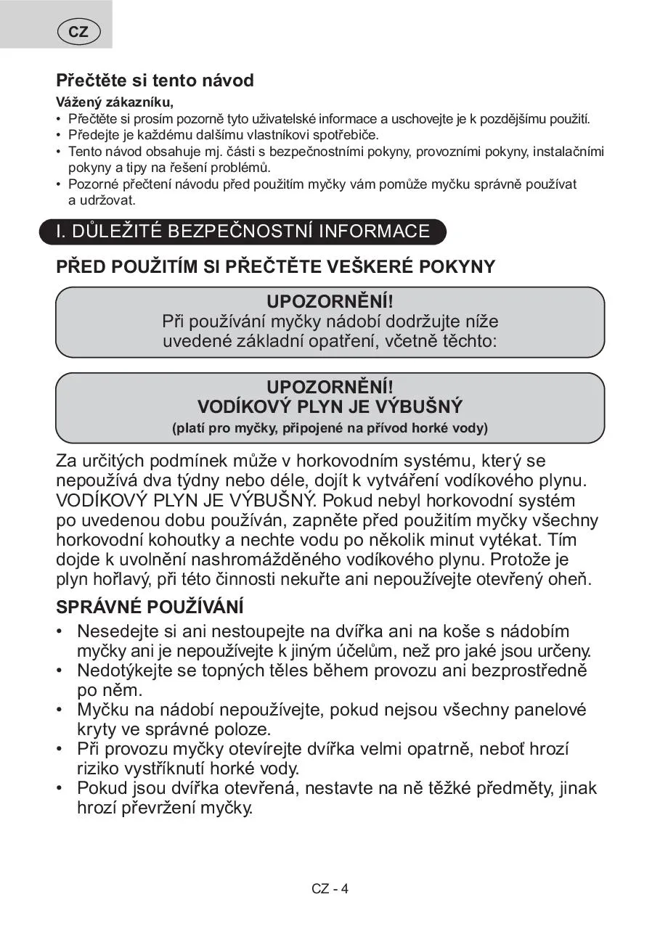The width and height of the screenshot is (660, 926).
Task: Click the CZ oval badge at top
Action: [78, 32]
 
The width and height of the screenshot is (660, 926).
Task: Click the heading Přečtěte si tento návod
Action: [155, 81]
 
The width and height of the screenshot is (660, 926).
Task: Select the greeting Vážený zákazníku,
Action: [115, 102]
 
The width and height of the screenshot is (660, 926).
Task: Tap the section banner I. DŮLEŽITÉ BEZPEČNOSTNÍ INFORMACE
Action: [243, 231]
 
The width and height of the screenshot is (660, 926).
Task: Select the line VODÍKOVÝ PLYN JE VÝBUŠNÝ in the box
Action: [330, 406]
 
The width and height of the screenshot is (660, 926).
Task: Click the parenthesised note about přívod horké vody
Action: [330, 428]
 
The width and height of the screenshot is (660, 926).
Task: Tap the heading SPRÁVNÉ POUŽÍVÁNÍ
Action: [150, 607]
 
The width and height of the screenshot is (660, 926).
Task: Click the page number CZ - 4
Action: [330, 889]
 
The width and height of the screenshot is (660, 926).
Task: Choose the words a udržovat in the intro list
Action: [102, 200]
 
